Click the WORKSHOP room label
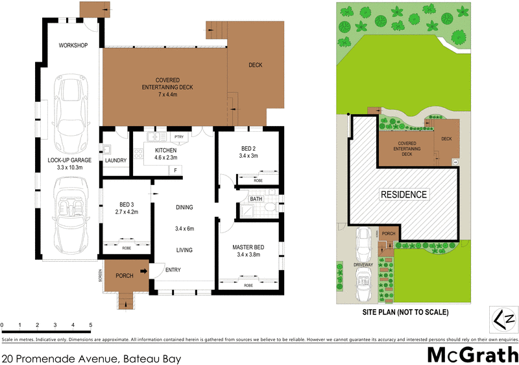click(x=73, y=45)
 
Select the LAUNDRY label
click(x=115, y=161)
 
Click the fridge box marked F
click(x=174, y=170)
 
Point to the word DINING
click(x=185, y=208)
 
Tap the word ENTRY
click(x=173, y=270)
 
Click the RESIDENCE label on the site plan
click(x=403, y=194)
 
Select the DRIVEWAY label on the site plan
click(x=363, y=266)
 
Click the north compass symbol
click(x=503, y=318)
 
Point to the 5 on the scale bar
click(x=91, y=325)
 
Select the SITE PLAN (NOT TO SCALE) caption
click(x=405, y=312)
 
